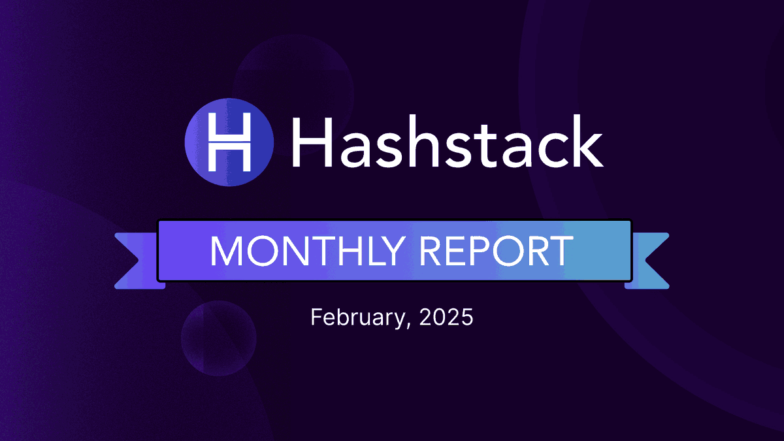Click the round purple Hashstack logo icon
tap(229, 140)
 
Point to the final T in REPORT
tap(561, 250)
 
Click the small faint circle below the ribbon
tap(218, 338)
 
